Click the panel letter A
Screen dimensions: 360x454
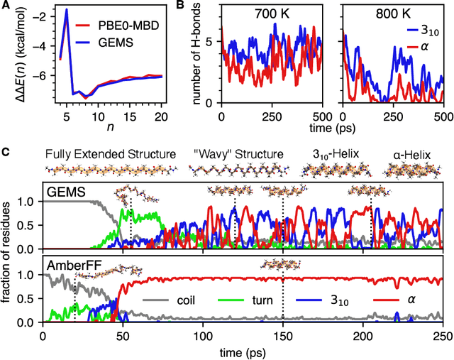tap(6, 6)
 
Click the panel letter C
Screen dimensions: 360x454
tap(6, 151)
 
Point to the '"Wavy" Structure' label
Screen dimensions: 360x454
tap(238, 154)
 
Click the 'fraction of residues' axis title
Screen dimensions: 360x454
tap(9, 256)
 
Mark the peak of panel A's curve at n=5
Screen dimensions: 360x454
tap(67, 10)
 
